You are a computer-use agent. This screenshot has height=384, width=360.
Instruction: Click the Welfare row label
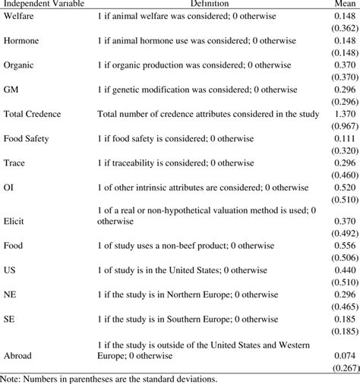[x=18, y=17]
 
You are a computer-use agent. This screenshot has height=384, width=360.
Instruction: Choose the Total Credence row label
[x=33, y=115]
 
